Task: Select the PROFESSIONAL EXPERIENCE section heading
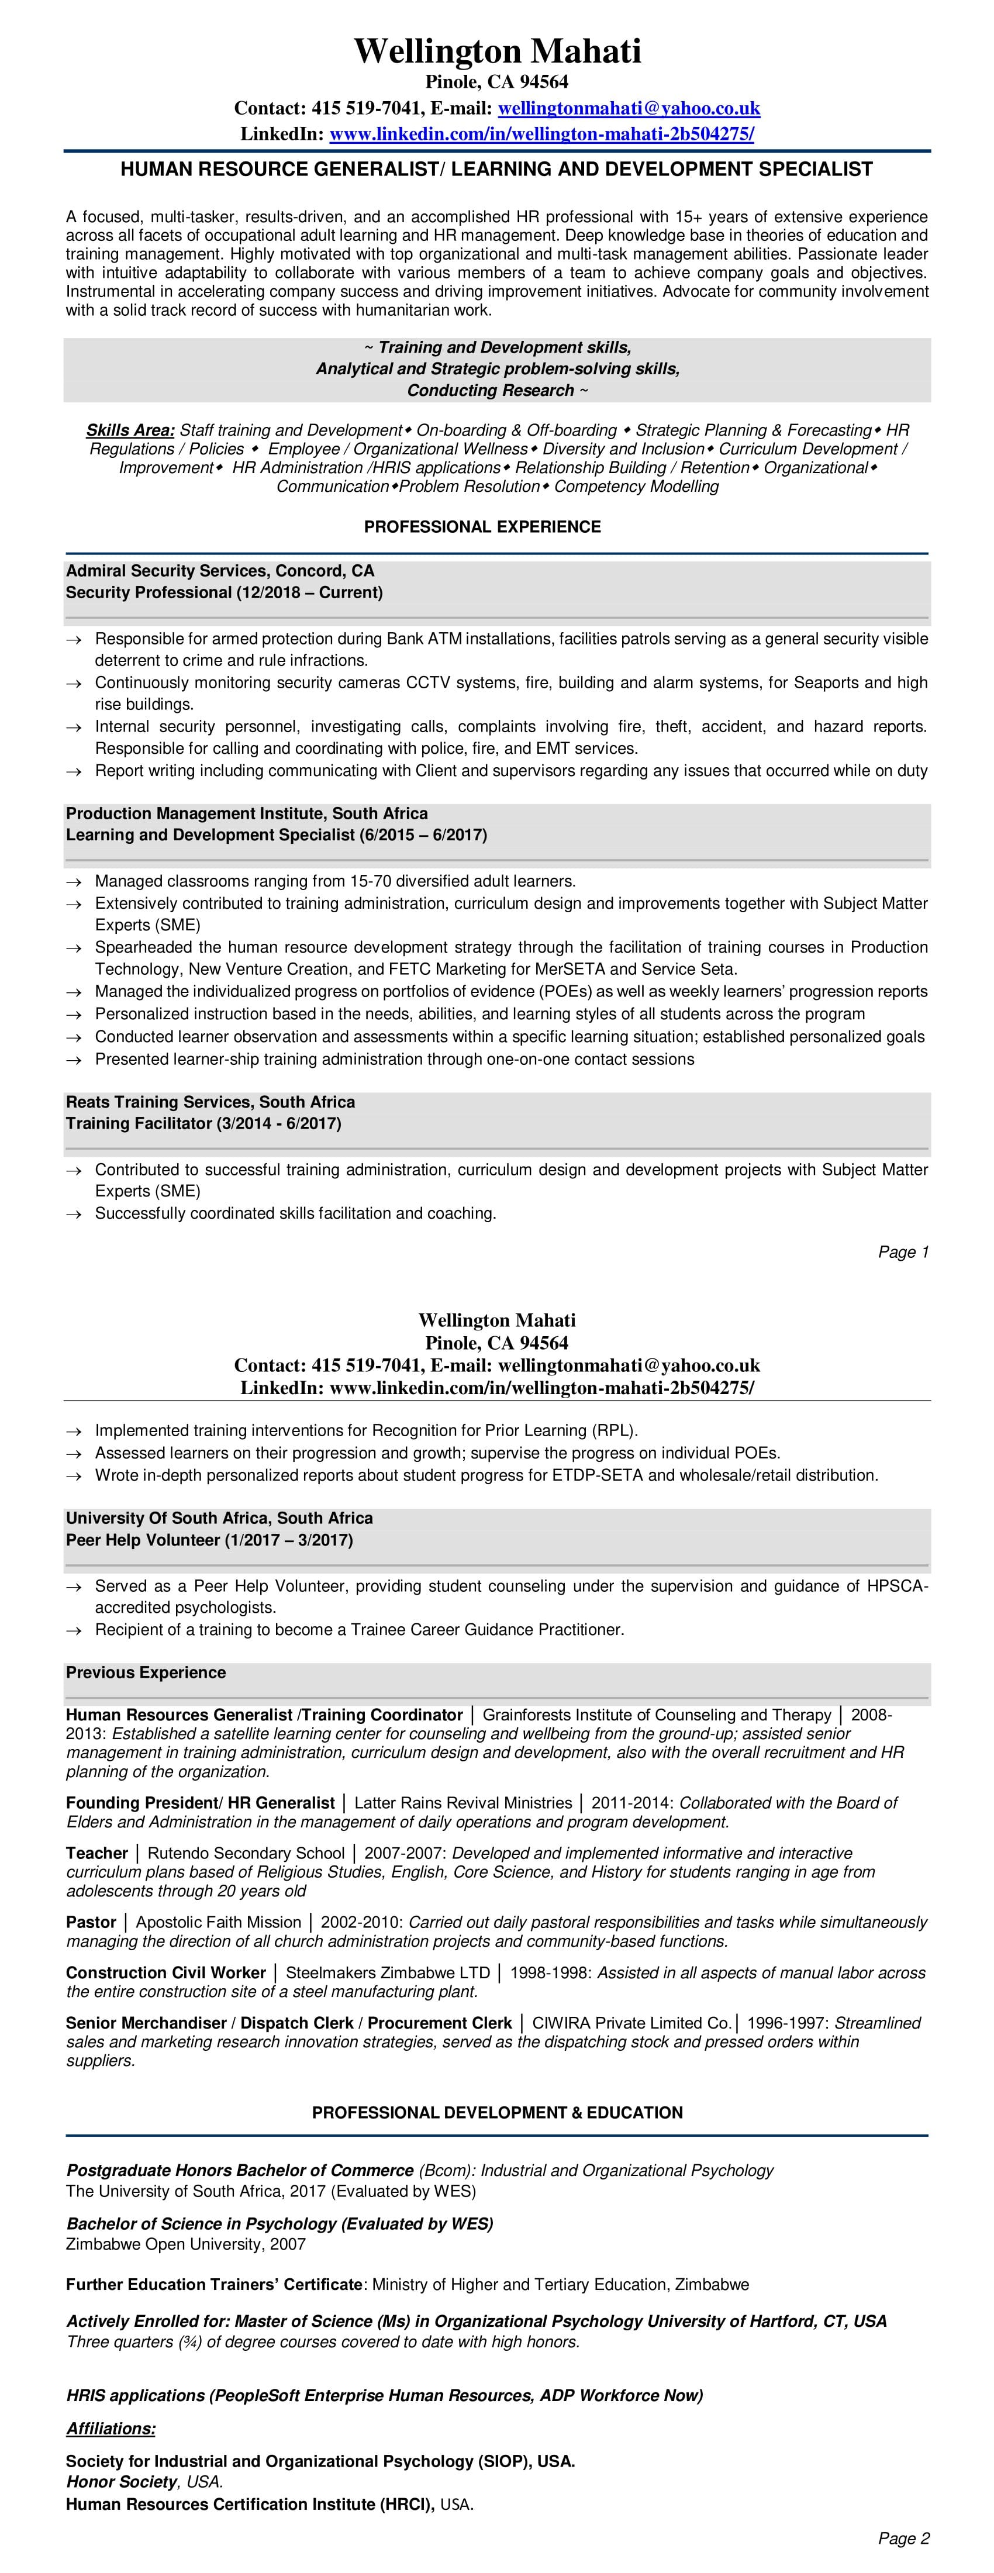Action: (x=482, y=526)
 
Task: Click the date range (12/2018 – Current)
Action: (x=310, y=592)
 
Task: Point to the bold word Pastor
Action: (x=91, y=1922)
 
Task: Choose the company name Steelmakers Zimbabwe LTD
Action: (x=388, y=1972)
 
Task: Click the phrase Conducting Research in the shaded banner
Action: (x=489, y=391)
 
